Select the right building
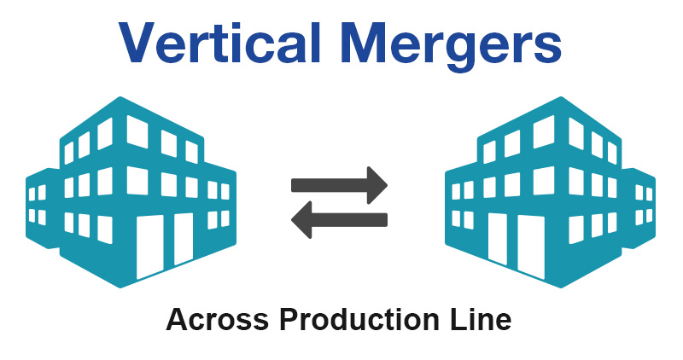pos(551,192)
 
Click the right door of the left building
pos(184,238)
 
